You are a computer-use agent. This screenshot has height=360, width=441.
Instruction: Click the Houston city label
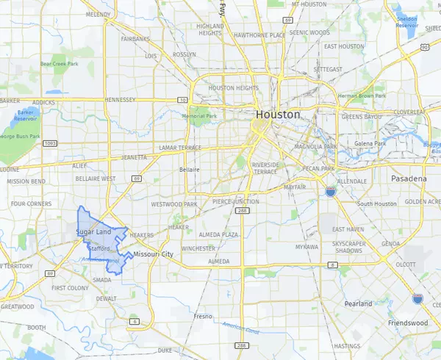278,115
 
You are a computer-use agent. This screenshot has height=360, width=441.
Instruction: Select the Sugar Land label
93,233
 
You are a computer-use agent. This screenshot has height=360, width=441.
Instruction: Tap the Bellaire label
189,169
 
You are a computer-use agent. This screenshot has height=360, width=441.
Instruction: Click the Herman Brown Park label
357,96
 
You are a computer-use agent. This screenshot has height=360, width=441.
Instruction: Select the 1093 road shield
51,144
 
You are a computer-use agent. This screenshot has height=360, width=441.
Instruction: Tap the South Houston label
376,203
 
